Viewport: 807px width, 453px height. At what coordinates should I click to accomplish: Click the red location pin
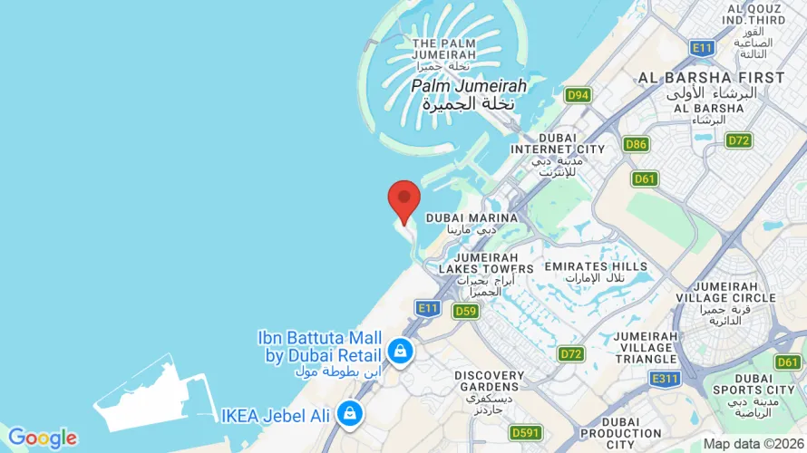[403, 199]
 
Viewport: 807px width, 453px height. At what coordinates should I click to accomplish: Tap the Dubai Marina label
[472, 218]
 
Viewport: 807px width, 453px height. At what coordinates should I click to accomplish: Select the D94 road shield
[577, 94]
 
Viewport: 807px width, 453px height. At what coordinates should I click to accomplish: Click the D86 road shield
[636, 144]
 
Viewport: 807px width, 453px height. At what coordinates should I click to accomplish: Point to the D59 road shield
[465, 312]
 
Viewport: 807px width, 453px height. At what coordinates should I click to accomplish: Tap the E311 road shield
[664, 379]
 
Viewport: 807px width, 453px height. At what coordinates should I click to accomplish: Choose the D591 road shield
[525, 432]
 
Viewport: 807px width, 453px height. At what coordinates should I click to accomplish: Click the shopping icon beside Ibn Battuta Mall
[399, 351]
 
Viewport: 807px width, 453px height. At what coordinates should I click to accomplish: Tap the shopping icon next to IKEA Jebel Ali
[347, 415]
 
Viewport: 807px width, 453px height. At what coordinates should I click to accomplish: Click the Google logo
[42, 439]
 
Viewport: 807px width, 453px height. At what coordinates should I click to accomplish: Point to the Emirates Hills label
[596, 266]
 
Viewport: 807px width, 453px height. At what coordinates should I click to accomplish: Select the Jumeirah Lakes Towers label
[486, 263]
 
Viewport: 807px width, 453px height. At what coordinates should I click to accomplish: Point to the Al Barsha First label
[711, 78]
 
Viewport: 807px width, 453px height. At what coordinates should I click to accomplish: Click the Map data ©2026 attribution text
[754, 443]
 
